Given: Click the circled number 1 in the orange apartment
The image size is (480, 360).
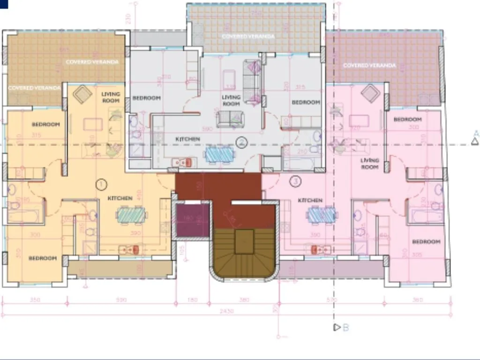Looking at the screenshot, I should point(101,184).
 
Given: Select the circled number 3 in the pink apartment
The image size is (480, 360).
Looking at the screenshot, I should point(295,180).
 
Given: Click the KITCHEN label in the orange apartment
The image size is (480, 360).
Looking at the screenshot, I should point(120,198).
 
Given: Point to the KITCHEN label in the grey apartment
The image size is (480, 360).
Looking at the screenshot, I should point(187,139).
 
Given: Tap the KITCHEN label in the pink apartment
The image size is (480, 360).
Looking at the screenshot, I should point(310,201).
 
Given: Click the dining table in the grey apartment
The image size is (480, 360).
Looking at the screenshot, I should point(219,153).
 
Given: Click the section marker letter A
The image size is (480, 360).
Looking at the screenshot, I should point(476,133).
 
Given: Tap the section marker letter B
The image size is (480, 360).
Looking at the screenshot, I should point(345,328).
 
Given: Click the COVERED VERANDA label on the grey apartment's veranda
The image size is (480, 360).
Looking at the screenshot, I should point(248,36).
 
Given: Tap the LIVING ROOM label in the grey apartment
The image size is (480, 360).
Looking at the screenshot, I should point(231,100).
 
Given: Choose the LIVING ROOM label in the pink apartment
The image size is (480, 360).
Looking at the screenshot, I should point(369,164).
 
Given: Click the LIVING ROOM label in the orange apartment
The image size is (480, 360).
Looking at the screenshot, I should point(111,97).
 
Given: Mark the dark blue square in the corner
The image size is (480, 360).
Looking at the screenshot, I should point(4,3).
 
